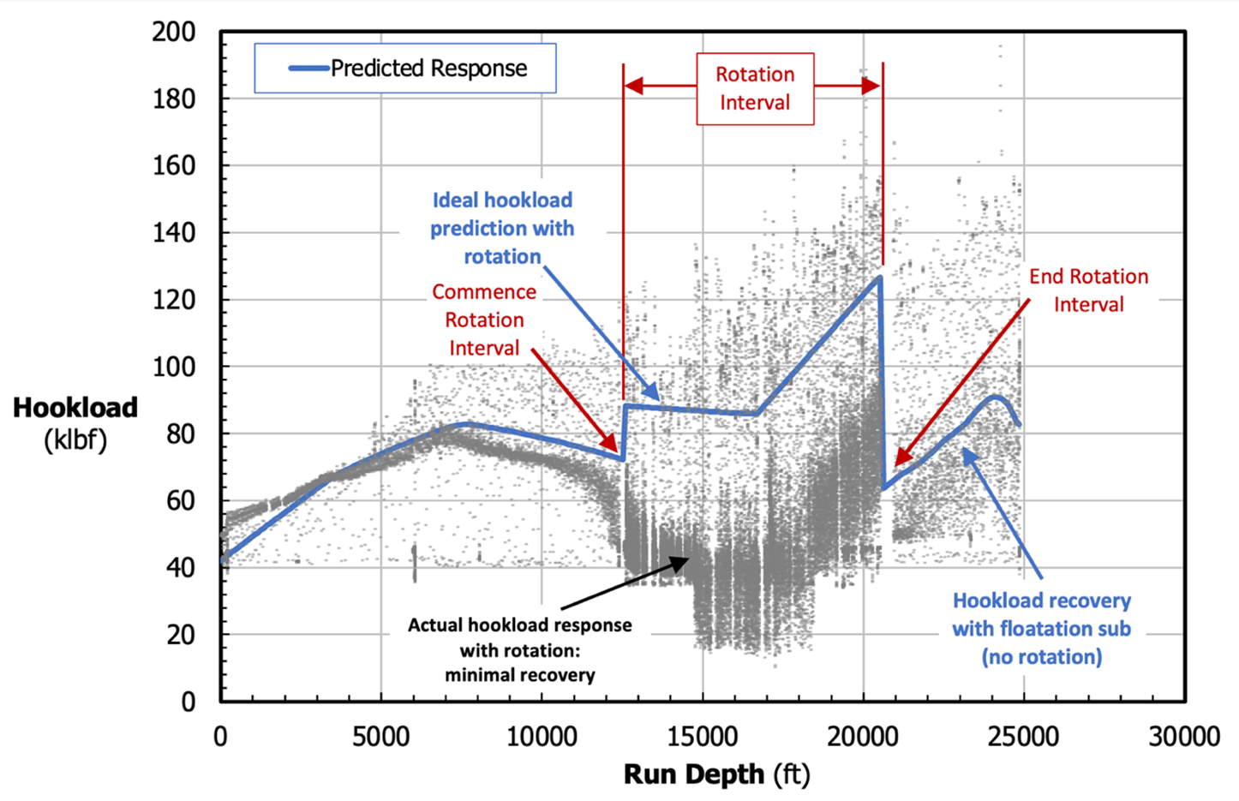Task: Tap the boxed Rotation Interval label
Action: pos(755,88)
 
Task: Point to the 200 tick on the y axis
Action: pos(174,33)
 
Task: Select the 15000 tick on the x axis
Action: pos(703,736)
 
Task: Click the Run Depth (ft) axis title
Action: pos(716,774)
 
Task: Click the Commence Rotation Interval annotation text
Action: pos(484,320)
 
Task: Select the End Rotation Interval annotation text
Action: pos(1088,290)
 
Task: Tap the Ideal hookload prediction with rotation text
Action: pos(502,228)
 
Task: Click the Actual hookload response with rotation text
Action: pos(520,649)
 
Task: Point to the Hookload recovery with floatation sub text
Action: pos(1041,629)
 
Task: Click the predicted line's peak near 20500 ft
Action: pos(879,277)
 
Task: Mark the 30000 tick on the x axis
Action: pos(1185,736)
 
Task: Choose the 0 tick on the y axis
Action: pos(187,702)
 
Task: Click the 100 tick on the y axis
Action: pos(174,367)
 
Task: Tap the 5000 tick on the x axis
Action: pos(381,736)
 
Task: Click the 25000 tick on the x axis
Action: pos(1024,736)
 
